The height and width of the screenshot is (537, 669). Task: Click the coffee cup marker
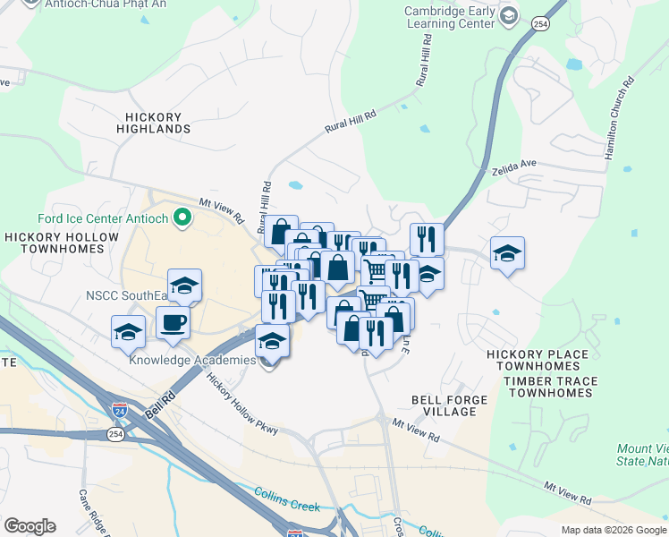coord(173,322)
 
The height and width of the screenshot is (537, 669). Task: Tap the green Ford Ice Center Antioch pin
coord(183,217)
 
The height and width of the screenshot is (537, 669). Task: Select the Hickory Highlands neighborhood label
coord(154,124)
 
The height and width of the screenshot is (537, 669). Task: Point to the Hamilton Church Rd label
coord(618,117)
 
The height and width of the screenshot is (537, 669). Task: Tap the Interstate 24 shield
coord(120,411)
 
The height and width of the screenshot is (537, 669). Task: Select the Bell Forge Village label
coord(444,405)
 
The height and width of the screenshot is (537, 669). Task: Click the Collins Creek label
coord(286,499)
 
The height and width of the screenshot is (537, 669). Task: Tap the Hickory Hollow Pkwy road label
coord(242,405)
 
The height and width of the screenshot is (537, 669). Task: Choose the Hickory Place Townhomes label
coord(538,361)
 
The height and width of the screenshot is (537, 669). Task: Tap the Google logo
coord(30,526)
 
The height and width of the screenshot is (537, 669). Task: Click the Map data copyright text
coord(613,530)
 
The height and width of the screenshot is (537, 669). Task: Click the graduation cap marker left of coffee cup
coord(128,331)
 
